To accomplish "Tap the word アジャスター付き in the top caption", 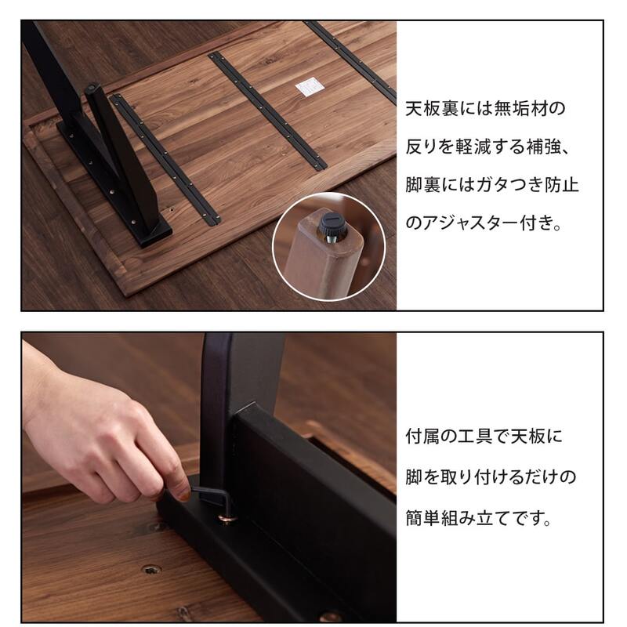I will (486, 224).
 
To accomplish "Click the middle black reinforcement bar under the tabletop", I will (266, 110).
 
